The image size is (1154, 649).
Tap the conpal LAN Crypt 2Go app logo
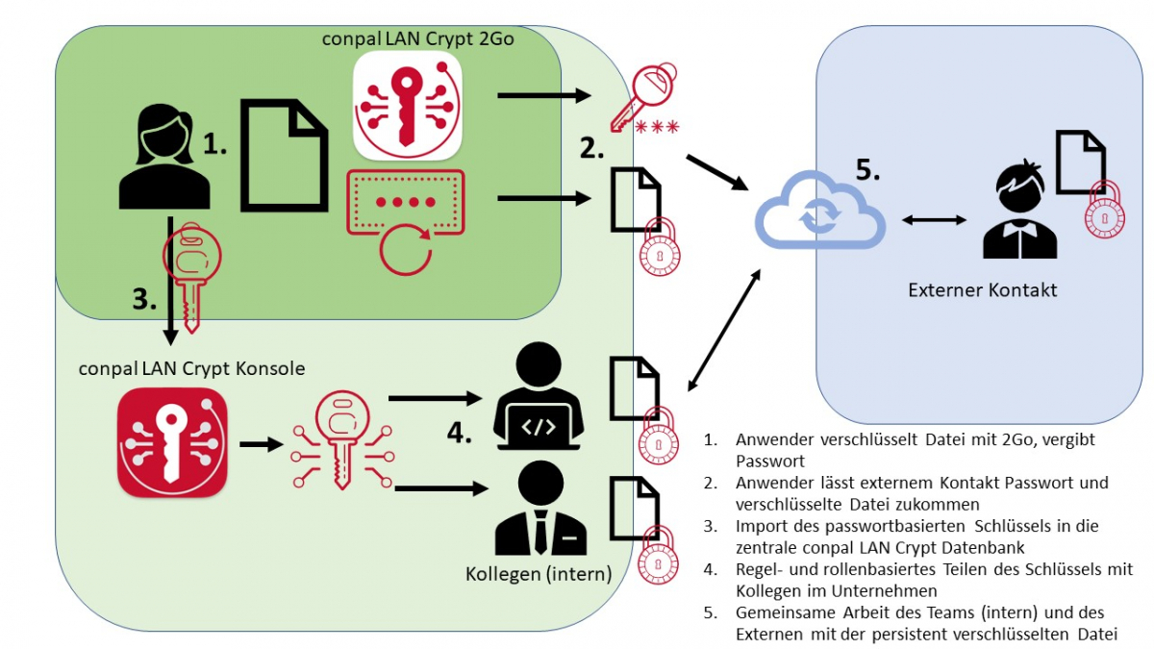[x=406, y=106]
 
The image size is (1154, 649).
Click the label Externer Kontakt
[x=982, y=289]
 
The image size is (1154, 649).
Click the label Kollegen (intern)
[x=539, y=575]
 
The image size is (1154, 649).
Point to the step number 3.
[x=144, y=299]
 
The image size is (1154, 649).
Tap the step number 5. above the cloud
[x=868, y=170]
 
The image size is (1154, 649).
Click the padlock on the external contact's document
[x=1104, y=215]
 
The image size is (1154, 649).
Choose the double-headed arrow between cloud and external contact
[x=934, y=220]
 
